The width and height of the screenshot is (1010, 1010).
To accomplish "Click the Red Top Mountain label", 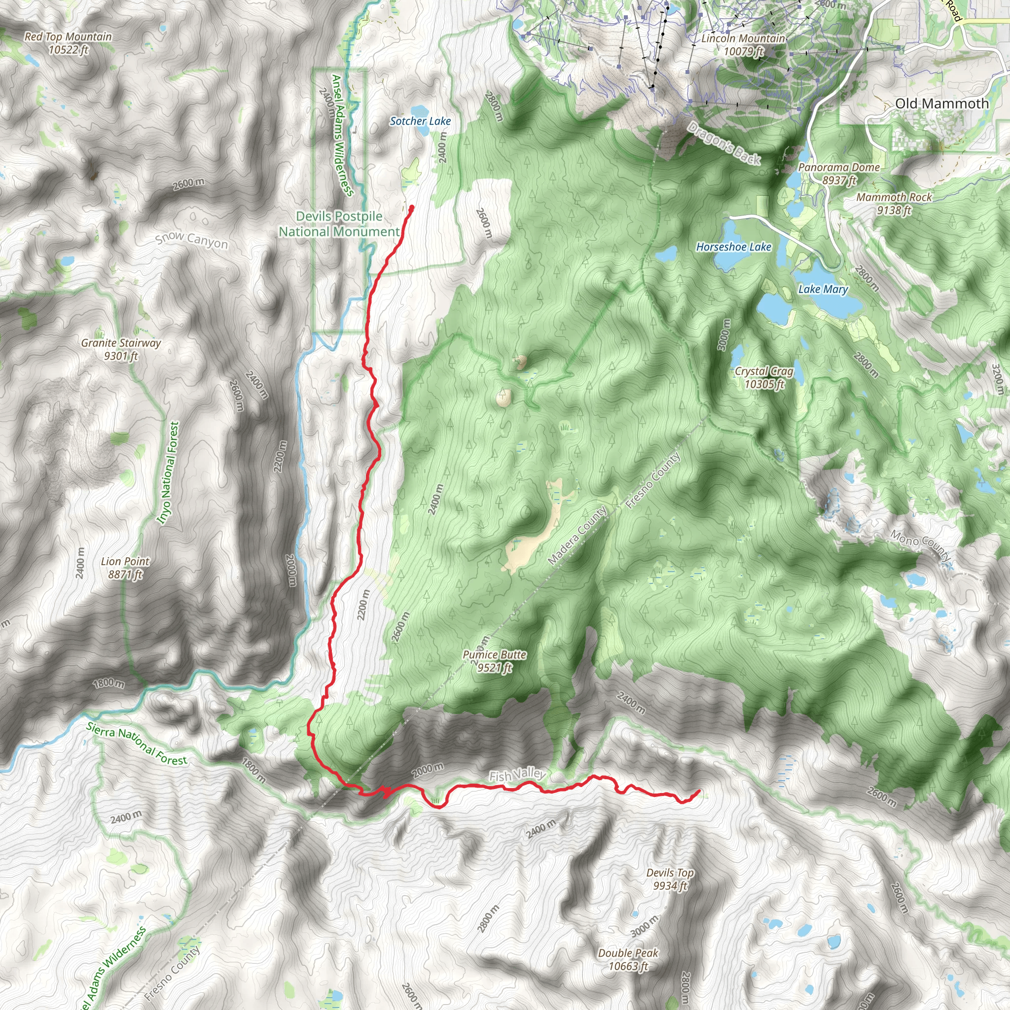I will click(68, 43).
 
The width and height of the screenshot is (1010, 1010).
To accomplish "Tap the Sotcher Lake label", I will click(420, 121).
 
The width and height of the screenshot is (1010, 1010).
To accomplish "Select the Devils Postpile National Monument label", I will click(339, 224).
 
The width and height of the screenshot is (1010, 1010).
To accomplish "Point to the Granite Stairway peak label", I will click(121, 349).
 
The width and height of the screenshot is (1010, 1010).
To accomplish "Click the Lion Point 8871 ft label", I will click(125, 568).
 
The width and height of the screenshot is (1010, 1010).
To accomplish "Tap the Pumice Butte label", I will click(494, 661).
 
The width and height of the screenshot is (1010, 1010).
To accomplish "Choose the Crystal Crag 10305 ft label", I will click(764, 377).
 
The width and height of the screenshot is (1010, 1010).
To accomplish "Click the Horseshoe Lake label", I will click(733, 247).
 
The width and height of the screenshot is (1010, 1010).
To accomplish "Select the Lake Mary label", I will click(823, 289).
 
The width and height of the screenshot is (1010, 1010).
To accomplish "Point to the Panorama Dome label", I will click(838, 174).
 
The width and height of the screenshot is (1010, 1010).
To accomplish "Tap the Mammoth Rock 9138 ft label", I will click(894, 203).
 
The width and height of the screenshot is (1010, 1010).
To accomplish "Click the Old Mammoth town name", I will click(942, 104).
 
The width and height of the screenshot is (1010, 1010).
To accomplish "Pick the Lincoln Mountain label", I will click(743, 44).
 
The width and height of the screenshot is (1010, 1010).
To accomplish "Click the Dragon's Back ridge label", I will click(723, 143).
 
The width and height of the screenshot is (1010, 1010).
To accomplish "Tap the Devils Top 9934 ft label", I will click(670, 879).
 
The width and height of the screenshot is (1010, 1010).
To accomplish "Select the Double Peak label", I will click(628, 959).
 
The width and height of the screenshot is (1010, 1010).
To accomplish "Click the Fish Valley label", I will click(517, 775).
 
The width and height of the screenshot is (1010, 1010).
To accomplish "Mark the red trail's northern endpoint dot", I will click(411, 208).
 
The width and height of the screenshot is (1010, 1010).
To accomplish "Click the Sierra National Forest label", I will click(137, 744).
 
